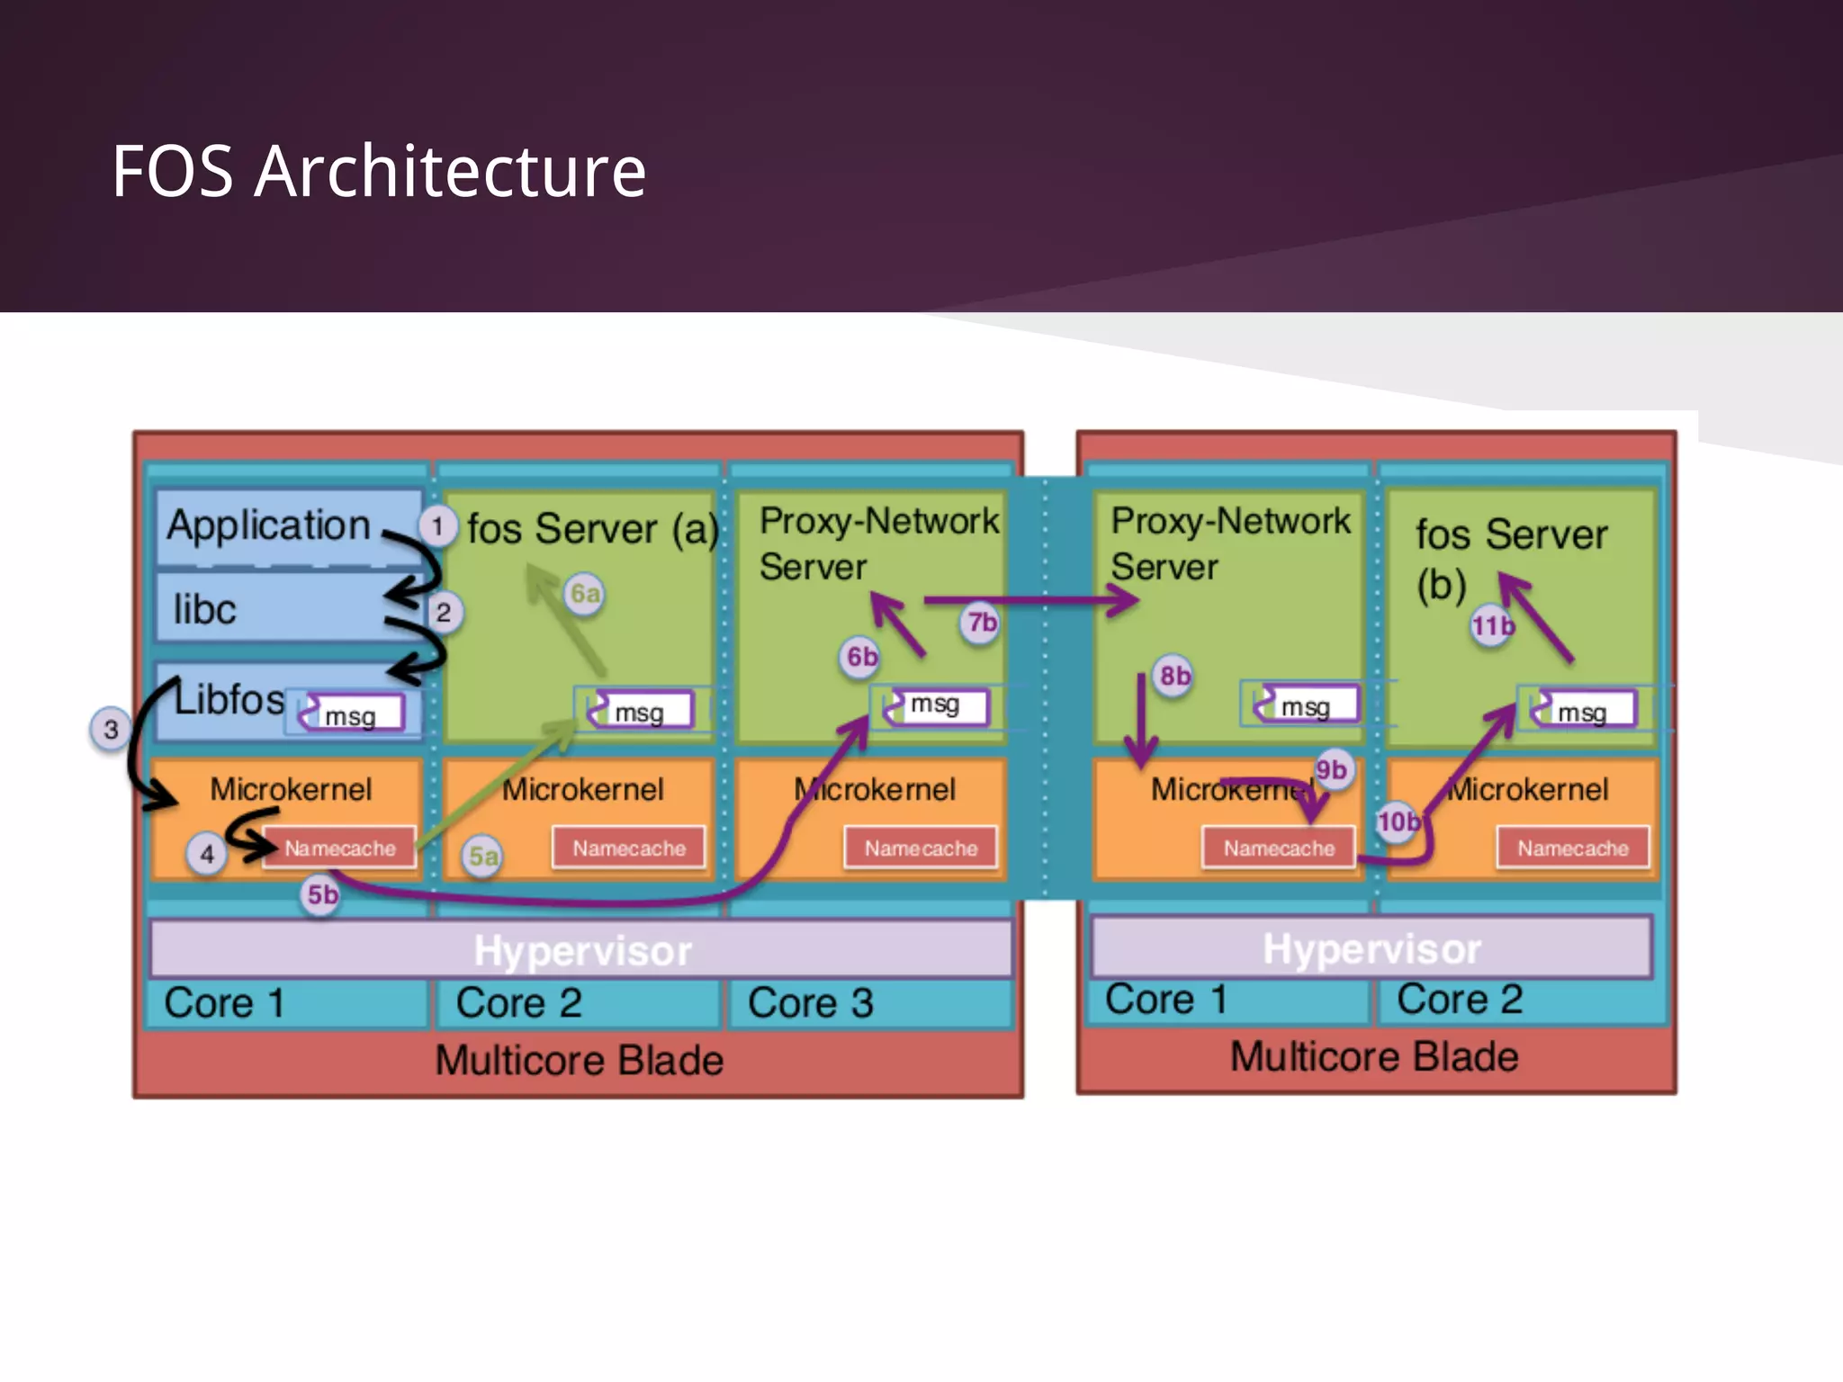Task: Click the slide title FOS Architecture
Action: (378, 171)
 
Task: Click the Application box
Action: (270, 526)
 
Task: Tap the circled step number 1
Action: (437, 525)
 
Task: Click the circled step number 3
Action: (111, 729)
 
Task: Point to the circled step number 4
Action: (207, 854)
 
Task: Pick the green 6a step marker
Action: (585, 594)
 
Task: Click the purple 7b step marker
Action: (981, 623)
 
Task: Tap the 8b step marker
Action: (1174, 676)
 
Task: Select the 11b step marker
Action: (1492, 625)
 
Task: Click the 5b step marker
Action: (322, 894)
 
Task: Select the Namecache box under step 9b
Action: (1278, 848)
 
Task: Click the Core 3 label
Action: (810, 1003)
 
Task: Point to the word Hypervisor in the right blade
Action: (1371, 949)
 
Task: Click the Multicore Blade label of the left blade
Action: (579, 1060)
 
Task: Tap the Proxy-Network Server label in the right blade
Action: (1229, 543)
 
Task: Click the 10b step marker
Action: (1398, 821)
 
